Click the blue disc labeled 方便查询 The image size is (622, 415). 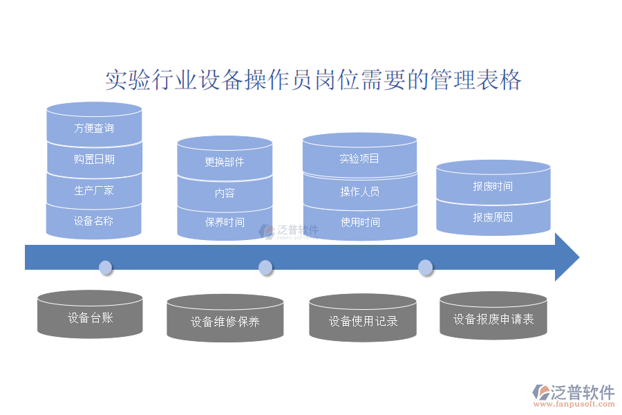94,128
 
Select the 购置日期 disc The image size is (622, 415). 94,159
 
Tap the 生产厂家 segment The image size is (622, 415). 94,190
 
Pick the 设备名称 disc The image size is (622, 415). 94,221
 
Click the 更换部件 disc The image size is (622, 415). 225,162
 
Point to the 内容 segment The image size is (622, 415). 225,193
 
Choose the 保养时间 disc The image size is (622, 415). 225,223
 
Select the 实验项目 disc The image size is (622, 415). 359,158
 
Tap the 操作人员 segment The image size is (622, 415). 359,192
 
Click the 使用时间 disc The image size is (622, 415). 359,222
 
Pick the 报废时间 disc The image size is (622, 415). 493,186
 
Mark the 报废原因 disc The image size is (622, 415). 493,217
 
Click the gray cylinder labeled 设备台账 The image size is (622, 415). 90,317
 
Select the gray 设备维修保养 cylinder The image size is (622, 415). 225,322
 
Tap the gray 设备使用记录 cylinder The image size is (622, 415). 363,321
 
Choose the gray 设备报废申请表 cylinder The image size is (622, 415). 493,319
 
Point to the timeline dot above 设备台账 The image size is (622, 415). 105,267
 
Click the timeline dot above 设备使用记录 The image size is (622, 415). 426,267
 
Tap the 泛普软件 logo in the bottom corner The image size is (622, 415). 574,394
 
